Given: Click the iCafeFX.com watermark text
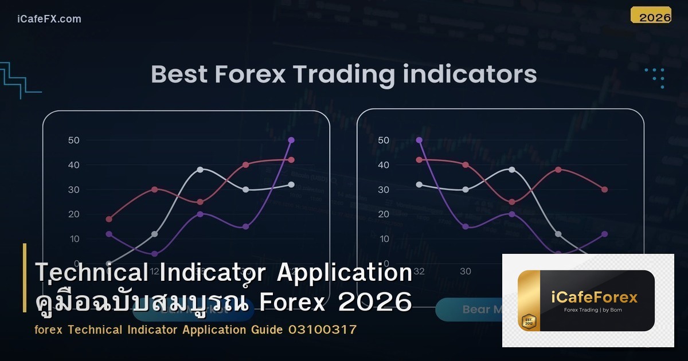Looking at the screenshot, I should (x=49, y=19).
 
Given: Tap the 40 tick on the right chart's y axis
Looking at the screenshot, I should (x=384, y=165).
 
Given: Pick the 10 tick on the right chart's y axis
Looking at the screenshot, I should (x=384, y=239).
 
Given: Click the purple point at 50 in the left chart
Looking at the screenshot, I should (x=291, y=140).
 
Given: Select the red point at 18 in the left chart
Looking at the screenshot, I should (x=109, y=219).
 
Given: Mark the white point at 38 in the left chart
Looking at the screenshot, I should (x=200, y=170).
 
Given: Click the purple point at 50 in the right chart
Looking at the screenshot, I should (x=419, y=140).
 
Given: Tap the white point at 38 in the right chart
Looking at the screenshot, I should (x=512, y=170).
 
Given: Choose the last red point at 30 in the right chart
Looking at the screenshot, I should (x=604, y=190).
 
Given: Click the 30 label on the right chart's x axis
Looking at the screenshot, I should (x=466, y=271).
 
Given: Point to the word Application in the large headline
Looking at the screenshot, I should (x=345, y=273).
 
